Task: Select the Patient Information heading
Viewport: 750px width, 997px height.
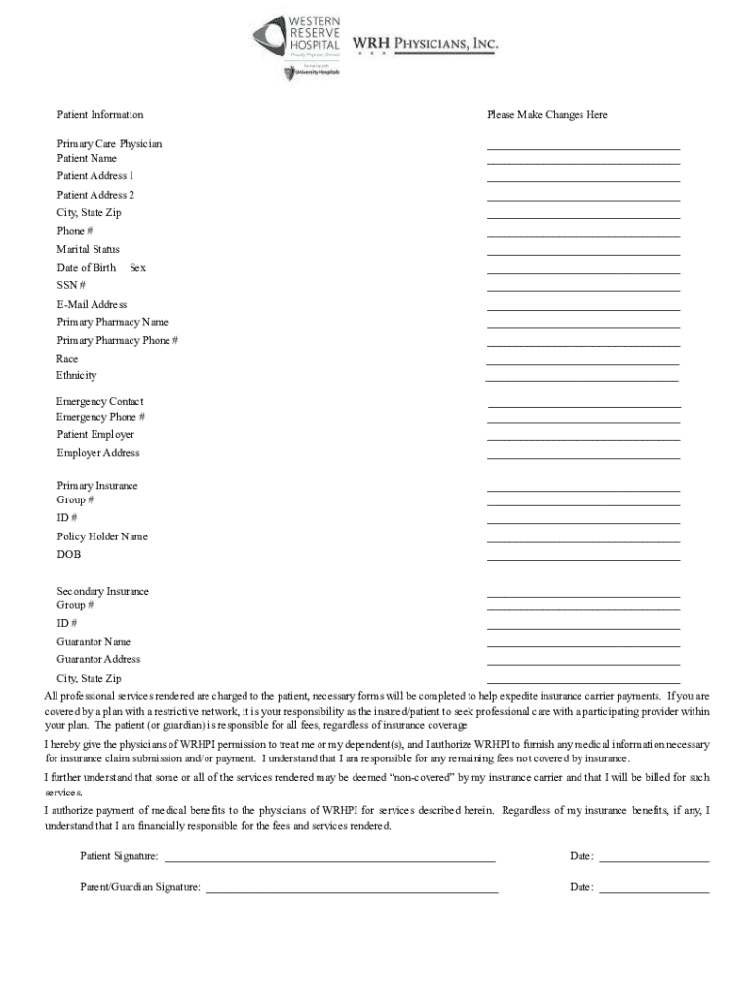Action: [99, 115]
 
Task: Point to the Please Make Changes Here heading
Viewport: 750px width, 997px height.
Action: [546, 115]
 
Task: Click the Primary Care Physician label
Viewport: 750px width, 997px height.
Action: [109, 144]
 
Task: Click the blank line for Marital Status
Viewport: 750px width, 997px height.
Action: [582, 254]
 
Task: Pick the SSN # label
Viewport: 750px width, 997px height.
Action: [71, 285]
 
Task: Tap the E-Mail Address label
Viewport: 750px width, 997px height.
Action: [92, 304]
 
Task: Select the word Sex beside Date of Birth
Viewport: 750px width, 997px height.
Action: [137, 268]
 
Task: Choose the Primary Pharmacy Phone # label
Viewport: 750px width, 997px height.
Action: [117, 341]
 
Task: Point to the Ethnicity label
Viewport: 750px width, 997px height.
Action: [76, 376]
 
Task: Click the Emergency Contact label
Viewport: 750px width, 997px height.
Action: [99, 402]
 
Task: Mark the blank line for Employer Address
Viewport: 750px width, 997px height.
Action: [582, 457]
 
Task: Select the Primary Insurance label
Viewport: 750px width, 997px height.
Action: [97, 486]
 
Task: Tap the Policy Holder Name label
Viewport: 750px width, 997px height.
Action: [102, 536]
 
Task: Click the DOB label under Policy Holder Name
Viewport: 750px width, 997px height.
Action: [68, 555]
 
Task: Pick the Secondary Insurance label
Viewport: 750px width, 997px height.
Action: [102, 592]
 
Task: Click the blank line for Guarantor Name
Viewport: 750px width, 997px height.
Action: [582, 646]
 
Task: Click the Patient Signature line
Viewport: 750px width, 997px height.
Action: [329, 862]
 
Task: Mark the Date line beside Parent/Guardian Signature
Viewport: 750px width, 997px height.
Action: [654, 892]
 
